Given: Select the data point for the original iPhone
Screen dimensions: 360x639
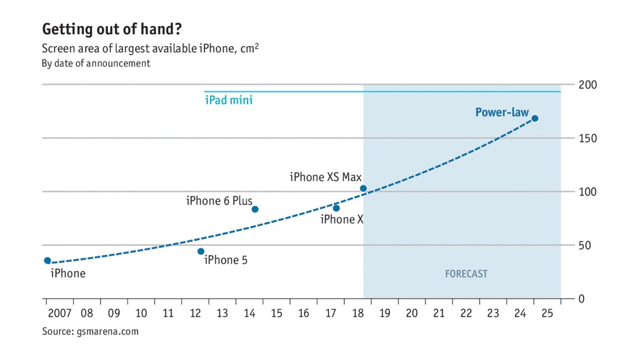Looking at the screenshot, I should tap(47, 260).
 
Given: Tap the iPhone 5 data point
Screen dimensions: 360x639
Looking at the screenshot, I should tap(201, 251).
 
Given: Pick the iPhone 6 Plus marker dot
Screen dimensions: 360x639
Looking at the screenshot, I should tap(255, 209).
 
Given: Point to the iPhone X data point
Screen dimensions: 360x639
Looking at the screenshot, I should tap(336, 208).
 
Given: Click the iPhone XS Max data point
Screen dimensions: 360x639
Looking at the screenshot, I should tap(363, 189).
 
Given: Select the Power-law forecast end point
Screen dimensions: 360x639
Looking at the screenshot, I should tap(535, 118).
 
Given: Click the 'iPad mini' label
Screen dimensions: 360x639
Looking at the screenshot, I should tap(228, 100).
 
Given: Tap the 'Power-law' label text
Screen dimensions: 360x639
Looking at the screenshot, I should tap(502, 112).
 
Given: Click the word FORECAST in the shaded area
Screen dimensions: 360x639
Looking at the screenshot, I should tap(466, 274).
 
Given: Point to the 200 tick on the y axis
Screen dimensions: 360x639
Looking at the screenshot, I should tap(588, 85).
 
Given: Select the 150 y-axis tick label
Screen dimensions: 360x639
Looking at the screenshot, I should tap(588, 138).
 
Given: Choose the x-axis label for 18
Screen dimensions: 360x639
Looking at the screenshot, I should tap(357, 313).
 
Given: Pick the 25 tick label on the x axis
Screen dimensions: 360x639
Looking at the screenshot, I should tap(547, 313).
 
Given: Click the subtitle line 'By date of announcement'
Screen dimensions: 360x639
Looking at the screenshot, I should tap(96, 63).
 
